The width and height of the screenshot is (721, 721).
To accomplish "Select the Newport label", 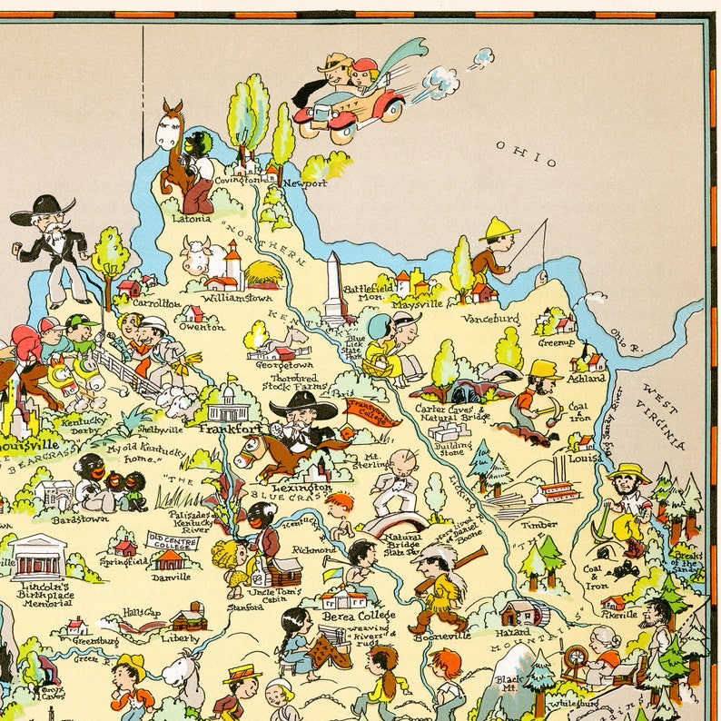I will (303, 183).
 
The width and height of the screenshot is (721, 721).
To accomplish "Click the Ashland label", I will (588, 378).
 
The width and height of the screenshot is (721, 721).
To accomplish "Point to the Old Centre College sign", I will (173, 542).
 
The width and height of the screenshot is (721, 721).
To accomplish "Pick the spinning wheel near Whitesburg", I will (576, 659).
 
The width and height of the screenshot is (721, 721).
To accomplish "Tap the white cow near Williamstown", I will (202, 256).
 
